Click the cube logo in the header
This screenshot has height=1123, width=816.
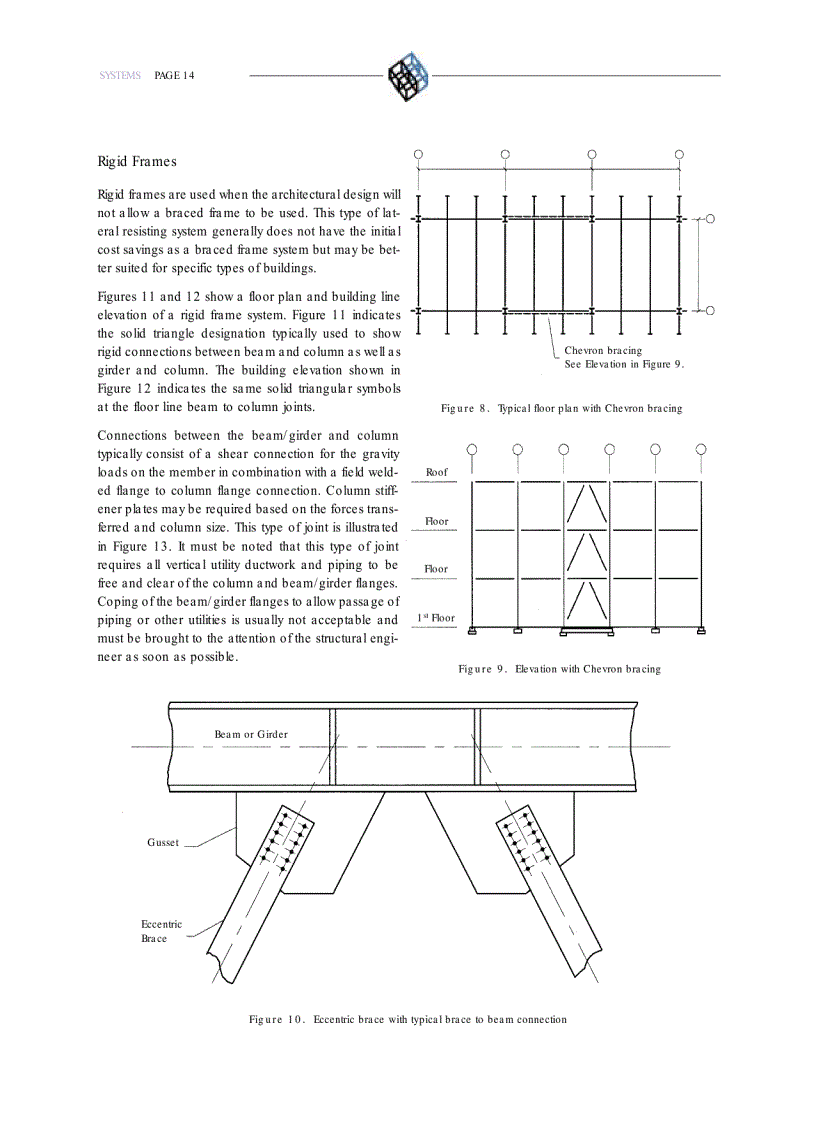coord(407,76)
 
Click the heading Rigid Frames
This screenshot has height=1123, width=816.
coord(137,161)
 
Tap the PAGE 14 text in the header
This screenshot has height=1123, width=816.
coord(174,76)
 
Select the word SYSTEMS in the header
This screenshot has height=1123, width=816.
coord(120,76)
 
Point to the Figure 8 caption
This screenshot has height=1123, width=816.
coord(561,408)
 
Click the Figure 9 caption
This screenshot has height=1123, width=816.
coord(559,668)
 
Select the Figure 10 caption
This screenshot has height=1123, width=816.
coord(407,1019)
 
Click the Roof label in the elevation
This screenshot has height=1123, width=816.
coord(437,472)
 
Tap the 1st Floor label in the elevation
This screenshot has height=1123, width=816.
coord(435,618)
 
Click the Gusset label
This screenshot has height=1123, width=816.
coord(163,842)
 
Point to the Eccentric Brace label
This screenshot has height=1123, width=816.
coord(161,931)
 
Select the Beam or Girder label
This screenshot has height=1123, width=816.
coord(251,734)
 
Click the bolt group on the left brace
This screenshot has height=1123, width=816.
coord(281,838)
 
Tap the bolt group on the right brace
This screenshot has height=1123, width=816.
coord(527,838)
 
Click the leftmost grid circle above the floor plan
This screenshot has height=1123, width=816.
coord(418,154)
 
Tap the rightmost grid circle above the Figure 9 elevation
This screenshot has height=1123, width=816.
coord(701,449)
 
